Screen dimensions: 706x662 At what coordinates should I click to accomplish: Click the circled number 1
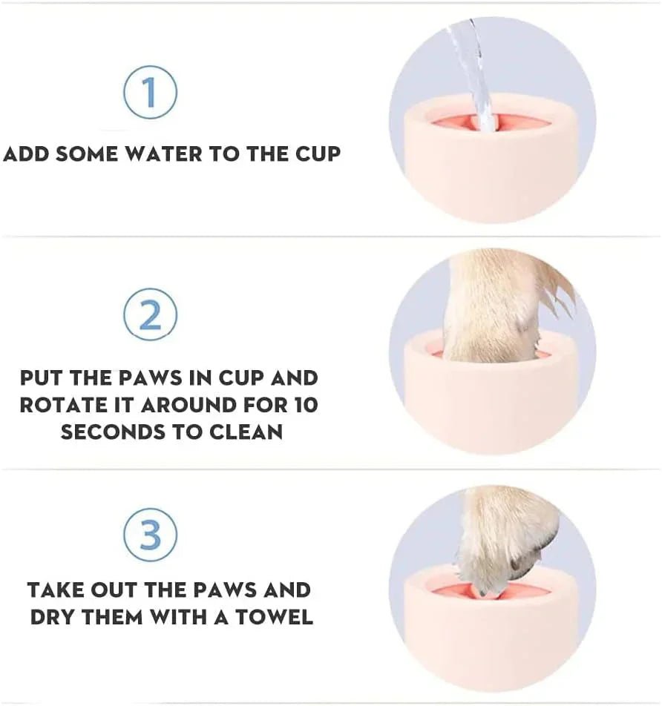[150, 93]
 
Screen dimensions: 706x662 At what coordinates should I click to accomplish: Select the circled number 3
[150, 535]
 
